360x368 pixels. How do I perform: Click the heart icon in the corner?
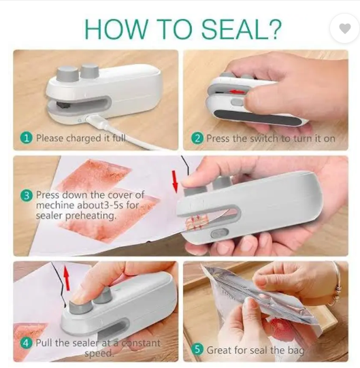[345, 29]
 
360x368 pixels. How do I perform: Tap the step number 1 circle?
[27, 138]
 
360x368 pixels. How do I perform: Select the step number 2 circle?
[197, 138]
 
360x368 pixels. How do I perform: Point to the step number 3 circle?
[27, 195]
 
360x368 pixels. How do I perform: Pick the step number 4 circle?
[27, 344]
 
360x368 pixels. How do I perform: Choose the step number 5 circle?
[197, 350]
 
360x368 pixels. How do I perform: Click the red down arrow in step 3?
[174, 181]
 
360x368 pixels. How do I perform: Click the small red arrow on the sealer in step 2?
[238, 92]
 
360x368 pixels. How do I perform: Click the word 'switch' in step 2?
[264, 139]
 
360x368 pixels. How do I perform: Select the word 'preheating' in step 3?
[91, 216]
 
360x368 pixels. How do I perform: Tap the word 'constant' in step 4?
[142, 343]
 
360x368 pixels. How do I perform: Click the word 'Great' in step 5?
[219, 350]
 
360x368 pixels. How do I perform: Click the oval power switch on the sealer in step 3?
[220, 233]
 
